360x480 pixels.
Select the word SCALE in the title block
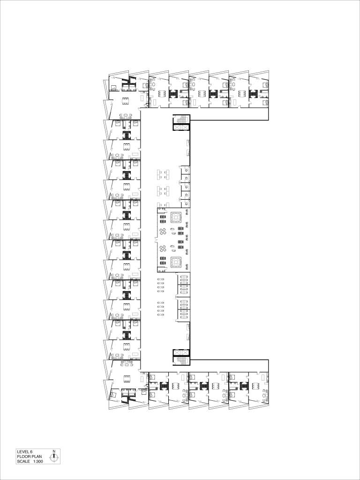(23, 461)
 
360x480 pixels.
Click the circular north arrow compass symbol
(54, 458)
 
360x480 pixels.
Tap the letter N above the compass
(54, 451)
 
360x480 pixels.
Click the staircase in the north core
(181, 119)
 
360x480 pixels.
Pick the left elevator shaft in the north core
(178, 127)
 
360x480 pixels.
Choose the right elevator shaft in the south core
(185, 353)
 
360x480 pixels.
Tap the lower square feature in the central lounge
(176, 262)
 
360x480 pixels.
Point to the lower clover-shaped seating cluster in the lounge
(164, 248)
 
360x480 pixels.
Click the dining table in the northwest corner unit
(126, 101)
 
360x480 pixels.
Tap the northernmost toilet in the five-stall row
(187, 171)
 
